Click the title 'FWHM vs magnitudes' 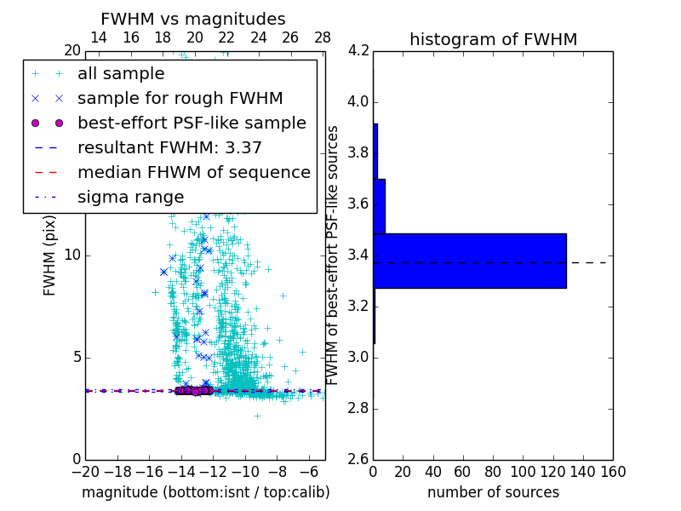tap(193, 20)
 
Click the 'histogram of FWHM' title tap(493, 39)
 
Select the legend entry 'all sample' tap(121, 74)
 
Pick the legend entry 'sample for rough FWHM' tap(180, 99)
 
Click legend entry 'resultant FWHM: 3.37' tap(169, 147)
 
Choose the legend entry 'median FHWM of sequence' tap(193, 172)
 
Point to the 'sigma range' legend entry tap(130, 197)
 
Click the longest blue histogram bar tap(469, 261)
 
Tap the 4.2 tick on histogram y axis tap(358, 51)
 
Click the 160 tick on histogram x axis tap(613, 472)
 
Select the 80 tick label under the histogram tap(493, 472)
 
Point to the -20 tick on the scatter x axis tap(85, 472)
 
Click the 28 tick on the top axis tap(323, 38)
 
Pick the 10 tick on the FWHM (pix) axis tap(72, 255)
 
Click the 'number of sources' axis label tap(493, 492)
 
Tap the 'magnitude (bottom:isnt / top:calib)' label tap(205, 492)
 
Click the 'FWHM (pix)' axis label tap(50, 255)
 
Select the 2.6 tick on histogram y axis tap(358, 459)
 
